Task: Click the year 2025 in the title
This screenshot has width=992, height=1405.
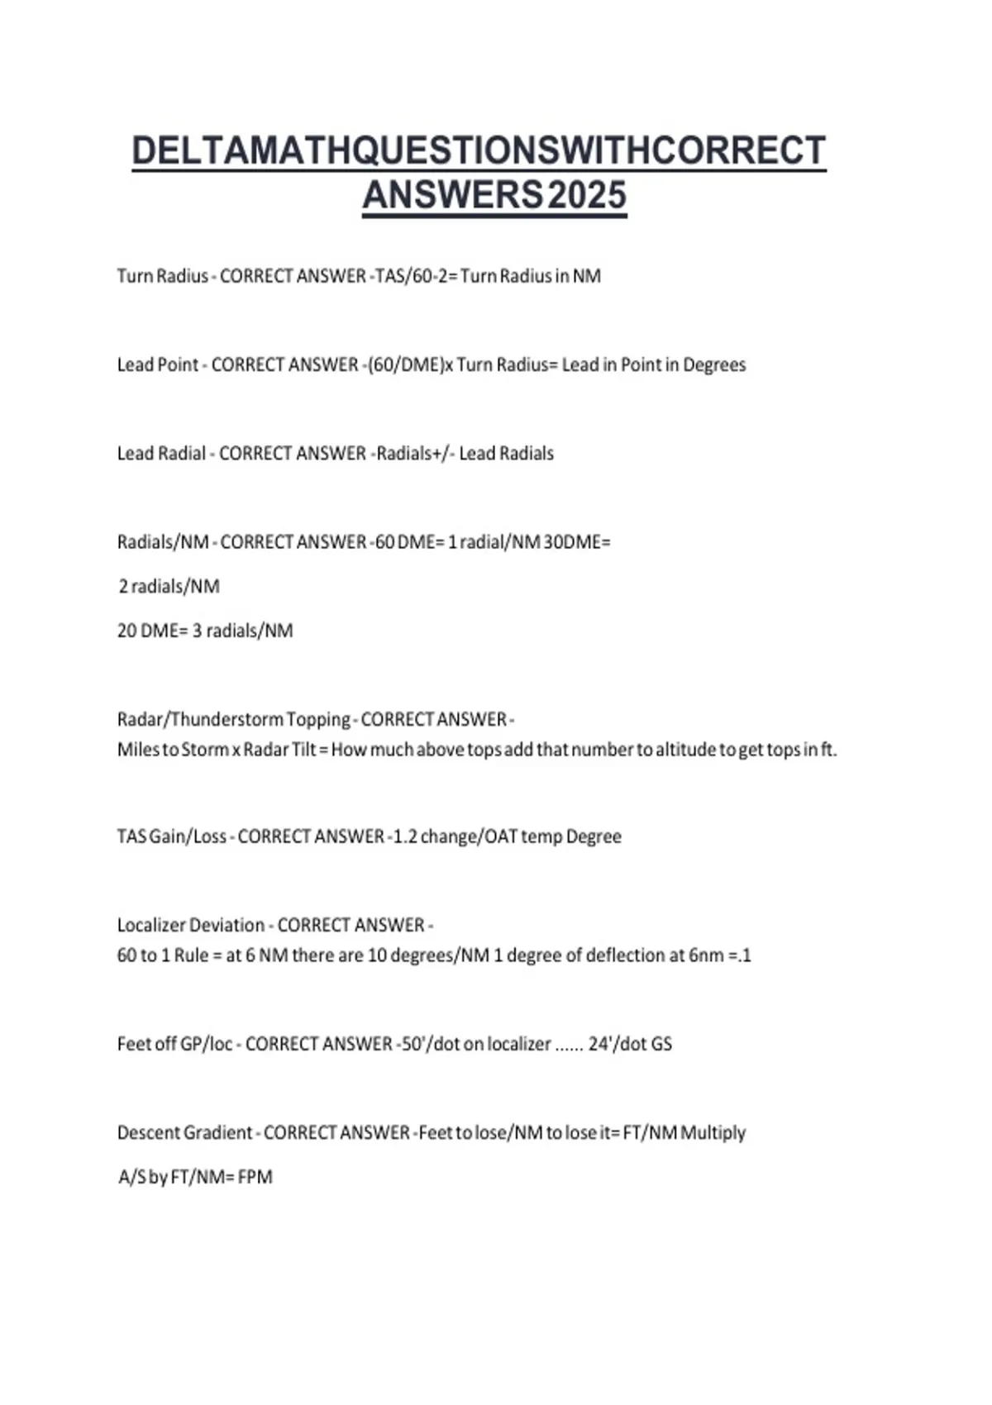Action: [587, 196]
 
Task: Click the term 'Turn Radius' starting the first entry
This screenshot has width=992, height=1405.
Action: [162, 276]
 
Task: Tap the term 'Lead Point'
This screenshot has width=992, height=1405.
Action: [158, 364]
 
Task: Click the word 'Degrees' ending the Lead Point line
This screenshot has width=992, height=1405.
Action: [714, 364]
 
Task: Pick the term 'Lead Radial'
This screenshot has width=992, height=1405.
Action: [161, 453]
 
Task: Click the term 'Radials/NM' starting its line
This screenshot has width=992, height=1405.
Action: [163, 542]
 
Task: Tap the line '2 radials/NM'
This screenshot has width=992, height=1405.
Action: [169, 587]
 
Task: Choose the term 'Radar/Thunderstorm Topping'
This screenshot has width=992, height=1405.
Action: [234, 719]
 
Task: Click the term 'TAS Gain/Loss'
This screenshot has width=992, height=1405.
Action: [172, 836]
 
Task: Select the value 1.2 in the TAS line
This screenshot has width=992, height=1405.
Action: [404, 836]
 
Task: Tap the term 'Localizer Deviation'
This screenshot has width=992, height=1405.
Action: [191, 925]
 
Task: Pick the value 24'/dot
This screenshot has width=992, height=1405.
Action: [617, 1044]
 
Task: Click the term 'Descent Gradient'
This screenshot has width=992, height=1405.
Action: [184, 1132]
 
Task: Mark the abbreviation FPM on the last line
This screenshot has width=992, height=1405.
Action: [255, 1177]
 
